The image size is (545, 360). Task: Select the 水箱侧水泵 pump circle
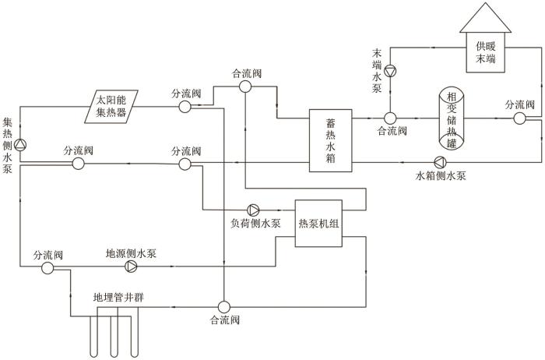point(440,162)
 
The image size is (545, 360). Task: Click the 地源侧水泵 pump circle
point(131,266)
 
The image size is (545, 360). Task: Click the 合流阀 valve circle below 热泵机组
point(223,305)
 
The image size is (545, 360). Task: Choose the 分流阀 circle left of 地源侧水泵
point(47,266)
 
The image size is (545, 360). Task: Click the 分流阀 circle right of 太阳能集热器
point(185,106)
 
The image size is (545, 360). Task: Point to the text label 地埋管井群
point(118,297)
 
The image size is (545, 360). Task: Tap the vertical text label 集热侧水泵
point(7,146)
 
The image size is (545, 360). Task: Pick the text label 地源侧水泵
point(132,253)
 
